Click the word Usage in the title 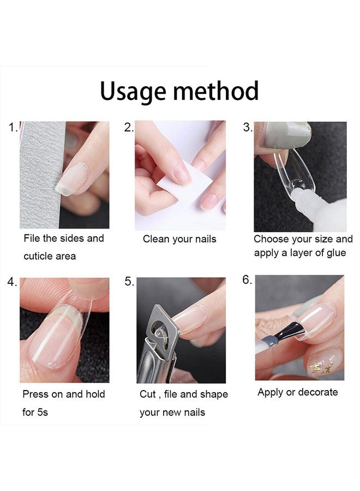[134, 92]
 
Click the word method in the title [216, 91]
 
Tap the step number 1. [13, 128]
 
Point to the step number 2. [129, 128]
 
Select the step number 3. [248, 128]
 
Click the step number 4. [12, 282]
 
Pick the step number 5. [129, 282]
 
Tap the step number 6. [247, 280]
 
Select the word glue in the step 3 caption [336, 253]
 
